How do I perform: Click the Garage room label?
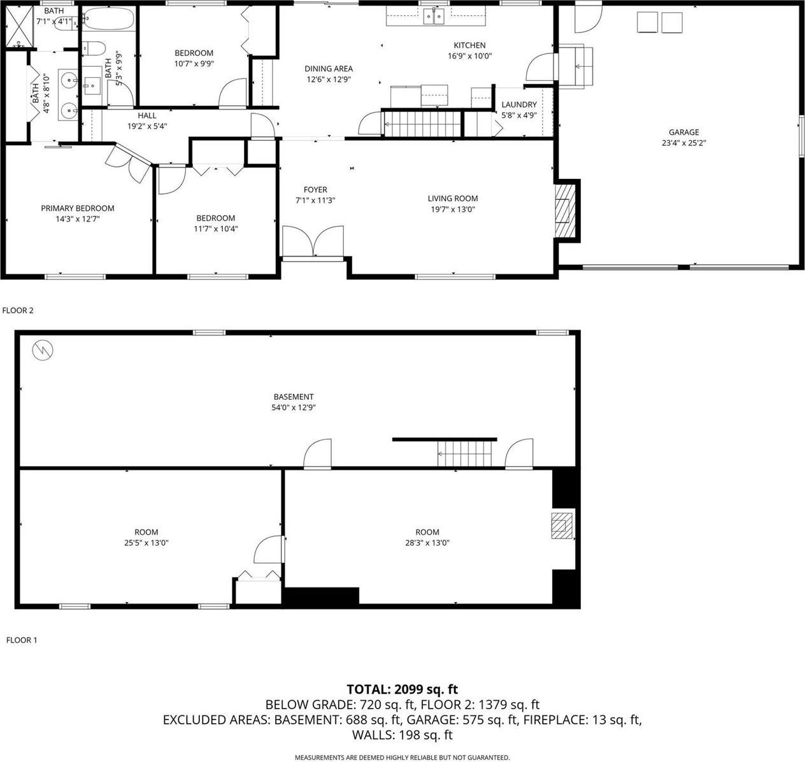pos(683,132)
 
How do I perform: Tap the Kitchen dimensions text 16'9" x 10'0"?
pos(469,56)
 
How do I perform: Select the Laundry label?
pos(518,105)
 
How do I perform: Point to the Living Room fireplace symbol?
pos(562,210)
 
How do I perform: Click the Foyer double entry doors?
pos(313,242)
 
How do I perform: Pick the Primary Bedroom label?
pos(78,208)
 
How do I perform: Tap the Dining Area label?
pos(328,69)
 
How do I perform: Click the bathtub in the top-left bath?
pos(108,19)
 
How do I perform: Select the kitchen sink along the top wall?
pos(435,16)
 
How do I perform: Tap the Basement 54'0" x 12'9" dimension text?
pos(294,407)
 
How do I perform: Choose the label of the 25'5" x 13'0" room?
pos(146,532)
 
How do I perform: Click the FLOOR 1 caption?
pos(21,640)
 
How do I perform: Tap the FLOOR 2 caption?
pos(17,311)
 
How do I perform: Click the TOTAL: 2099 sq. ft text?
pos(402,689)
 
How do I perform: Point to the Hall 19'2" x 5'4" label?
pos(147,116)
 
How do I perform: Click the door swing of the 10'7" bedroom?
pos(232,92)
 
